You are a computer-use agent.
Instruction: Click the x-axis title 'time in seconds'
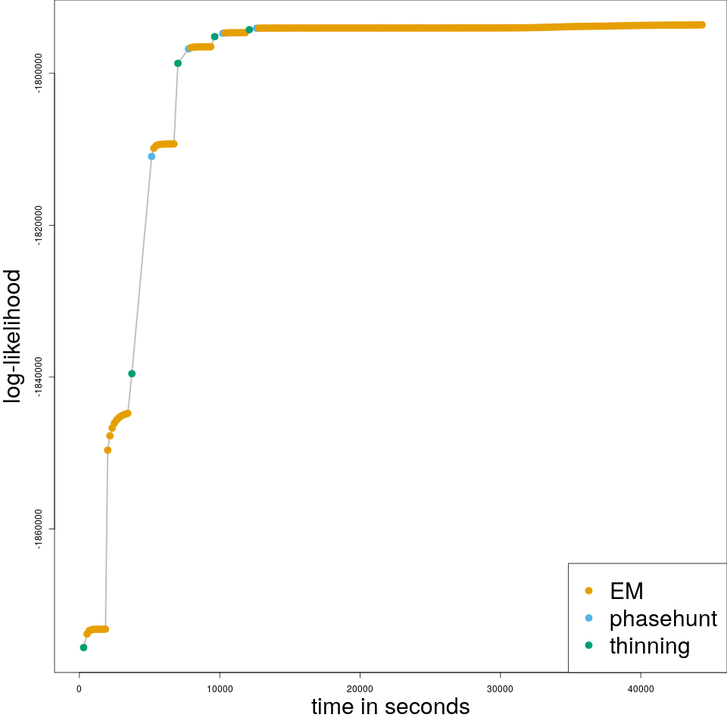(x=390, y=707)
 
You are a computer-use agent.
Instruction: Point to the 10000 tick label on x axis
(x=220, y=688)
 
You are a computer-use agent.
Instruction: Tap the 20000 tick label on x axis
(x=360, y=688)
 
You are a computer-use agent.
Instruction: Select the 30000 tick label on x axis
(x=500, y=688)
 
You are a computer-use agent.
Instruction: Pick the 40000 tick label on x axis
(x=641, y=688)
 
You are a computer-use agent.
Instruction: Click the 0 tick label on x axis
(x=80, y=688)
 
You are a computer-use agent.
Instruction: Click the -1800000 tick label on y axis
(x=38, y=73)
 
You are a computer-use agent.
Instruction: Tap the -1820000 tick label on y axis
(x=38, y=225)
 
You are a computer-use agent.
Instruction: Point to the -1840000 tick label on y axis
(x=38, y=377)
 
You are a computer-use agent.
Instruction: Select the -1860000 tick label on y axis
(x=38, y=529)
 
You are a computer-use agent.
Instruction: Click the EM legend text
(x=626, y=591)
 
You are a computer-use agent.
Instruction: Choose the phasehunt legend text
(x=663, y=619)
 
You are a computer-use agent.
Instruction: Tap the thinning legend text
(x=650, y=646)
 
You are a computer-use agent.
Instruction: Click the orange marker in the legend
(x=589, y=591)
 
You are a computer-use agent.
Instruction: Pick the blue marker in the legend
(x=589, y=618)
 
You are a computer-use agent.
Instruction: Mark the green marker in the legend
(x=589, y=645)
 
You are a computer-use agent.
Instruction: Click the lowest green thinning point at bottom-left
(x=83, y=647)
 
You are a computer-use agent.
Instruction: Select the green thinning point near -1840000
(x=132, y=373)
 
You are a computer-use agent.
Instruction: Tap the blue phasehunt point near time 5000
(x=151, y=157)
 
